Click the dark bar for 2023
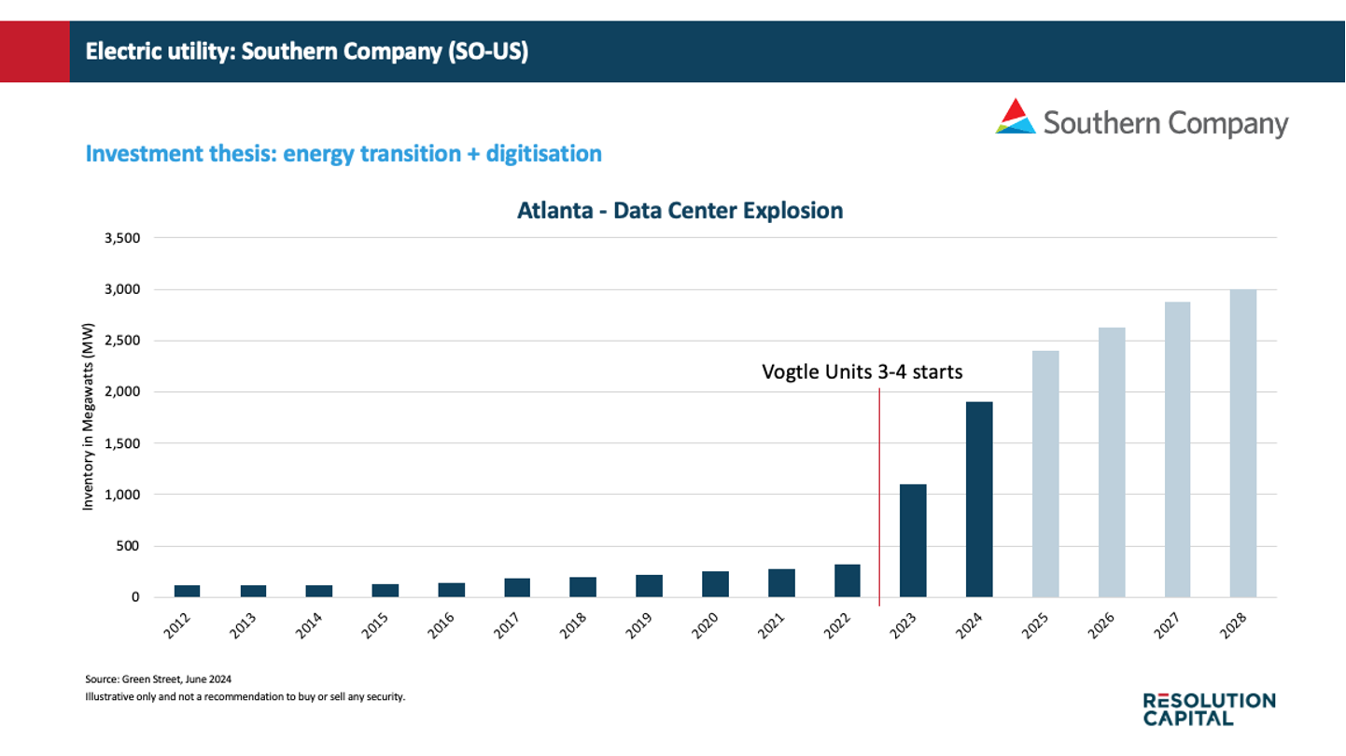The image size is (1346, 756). [913, 540]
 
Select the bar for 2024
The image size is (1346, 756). [979, 499]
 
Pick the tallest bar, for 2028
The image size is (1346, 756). [1243, 442]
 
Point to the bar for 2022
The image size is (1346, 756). [848, 581]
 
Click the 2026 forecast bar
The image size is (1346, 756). [1112, 462]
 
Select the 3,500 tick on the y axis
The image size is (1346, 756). [122, 238]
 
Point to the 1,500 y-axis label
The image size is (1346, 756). [122, 443]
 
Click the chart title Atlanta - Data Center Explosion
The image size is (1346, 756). [680, 210]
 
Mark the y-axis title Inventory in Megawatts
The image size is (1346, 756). [89, 417]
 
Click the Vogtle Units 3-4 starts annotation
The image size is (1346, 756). [862, 372]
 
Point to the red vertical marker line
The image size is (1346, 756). [879, 495]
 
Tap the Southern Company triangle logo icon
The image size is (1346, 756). [1016, 117]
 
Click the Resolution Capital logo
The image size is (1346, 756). [1209, 708]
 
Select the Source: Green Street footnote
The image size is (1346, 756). [158, 679]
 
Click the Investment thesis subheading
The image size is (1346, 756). [344, 153]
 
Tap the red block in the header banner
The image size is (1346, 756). [35, 51]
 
